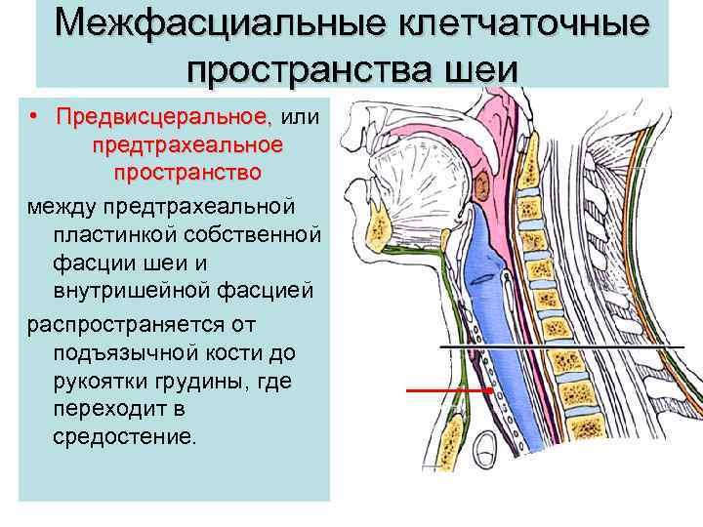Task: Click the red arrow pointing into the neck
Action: click(x=434, y=390)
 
